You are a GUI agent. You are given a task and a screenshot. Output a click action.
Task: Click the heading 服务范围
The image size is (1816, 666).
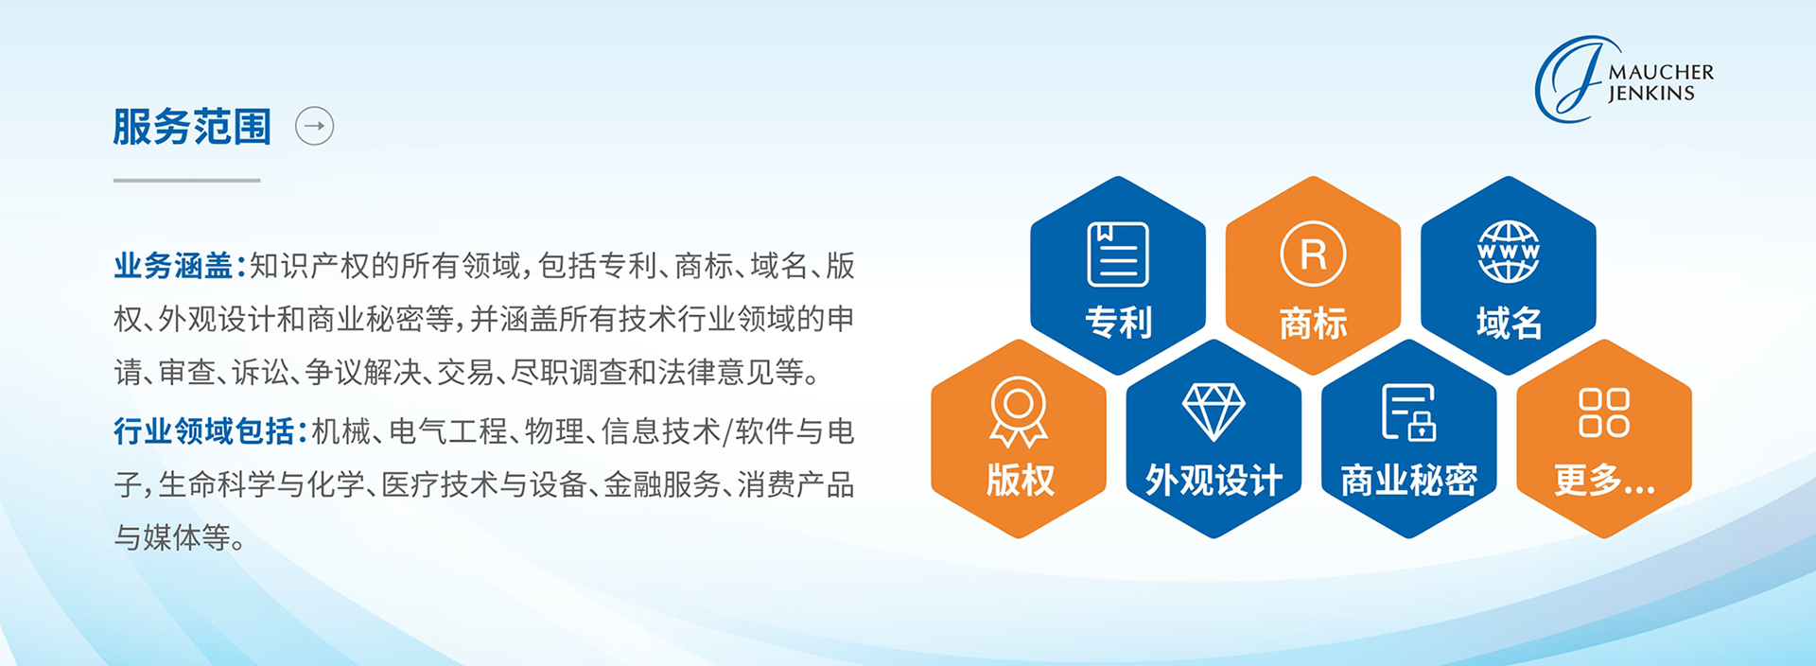click(192, 127)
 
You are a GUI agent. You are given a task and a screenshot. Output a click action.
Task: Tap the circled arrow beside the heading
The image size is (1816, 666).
click(315, 126)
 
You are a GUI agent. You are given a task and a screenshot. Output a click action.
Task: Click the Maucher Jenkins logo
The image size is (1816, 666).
click(1624, 79)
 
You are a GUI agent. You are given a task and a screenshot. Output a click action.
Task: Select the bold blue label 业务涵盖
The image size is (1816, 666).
click(174, 266)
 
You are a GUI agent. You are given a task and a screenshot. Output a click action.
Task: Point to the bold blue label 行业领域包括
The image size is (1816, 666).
click(204, 431)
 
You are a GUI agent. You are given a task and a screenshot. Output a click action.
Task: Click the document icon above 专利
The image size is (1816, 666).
click(1118, 254)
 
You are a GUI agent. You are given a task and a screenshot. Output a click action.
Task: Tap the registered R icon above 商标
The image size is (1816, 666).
click(1313, 254)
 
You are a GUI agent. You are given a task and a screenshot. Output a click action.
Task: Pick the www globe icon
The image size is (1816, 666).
click(1509, 252)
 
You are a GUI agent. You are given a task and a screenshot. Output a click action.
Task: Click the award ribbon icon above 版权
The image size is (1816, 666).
click(1019, 412)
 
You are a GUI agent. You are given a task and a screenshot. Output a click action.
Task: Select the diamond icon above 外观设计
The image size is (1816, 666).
click(1214, 412)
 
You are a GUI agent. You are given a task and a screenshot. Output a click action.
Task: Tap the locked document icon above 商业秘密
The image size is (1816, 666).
click(1409, 412)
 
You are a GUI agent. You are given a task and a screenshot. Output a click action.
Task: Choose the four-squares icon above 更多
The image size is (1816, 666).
click(1604, 412)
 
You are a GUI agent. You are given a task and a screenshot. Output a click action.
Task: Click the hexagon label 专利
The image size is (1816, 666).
click(1118, 323)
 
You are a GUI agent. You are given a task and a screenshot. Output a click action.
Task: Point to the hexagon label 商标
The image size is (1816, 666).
click(1313, 324)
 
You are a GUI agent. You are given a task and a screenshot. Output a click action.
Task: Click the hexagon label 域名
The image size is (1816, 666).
click(1509, 324)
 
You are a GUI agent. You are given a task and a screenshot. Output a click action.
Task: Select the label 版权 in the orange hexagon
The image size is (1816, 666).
click(1020, 480)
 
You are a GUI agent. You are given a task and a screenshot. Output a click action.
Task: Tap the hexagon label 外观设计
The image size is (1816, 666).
click(1214, 481)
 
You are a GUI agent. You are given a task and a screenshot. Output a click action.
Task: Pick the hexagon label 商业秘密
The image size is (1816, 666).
click(1409, 481)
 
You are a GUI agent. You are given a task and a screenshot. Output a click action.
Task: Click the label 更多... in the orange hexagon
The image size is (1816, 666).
click(1604, 481)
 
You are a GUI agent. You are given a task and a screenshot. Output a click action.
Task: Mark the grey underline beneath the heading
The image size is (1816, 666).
click(186, 180)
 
